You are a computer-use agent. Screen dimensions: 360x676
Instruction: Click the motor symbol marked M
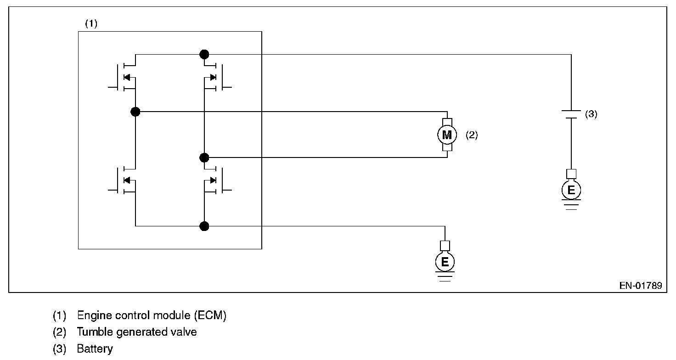click(x=447, y=135)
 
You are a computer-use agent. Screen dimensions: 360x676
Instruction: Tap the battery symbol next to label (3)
click(x=571, y=114)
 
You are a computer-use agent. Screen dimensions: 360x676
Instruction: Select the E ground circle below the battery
click(x=571, y=190)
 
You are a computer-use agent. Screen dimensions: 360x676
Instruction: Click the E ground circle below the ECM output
click(x=445, y=262)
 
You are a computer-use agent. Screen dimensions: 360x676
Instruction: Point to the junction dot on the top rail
click(x=204, y=55)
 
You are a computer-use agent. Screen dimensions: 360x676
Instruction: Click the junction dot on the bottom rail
click(x=204, y=226)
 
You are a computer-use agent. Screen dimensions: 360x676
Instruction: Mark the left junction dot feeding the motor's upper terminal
click(x=135, y=112)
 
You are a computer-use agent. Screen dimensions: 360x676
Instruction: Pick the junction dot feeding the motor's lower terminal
click(x=204, y=158)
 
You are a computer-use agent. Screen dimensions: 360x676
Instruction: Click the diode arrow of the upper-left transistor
click(x=127, y=77)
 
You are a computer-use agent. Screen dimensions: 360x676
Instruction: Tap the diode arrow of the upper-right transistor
click(x=213, y=77)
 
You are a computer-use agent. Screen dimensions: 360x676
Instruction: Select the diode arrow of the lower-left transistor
click(x=127, y=180)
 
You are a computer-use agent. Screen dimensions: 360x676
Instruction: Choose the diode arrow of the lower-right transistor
click(x=213, y=180)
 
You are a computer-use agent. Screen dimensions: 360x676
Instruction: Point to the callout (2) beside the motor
click(x=472, y=135)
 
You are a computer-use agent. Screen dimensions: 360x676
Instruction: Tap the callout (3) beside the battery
click(x=591, y=114)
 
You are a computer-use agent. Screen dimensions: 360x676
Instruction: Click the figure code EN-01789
click(x=640, y=286)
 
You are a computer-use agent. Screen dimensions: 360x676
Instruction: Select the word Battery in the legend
click(x=95, y=349)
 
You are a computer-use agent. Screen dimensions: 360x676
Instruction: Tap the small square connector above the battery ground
click(x=571, y=174)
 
